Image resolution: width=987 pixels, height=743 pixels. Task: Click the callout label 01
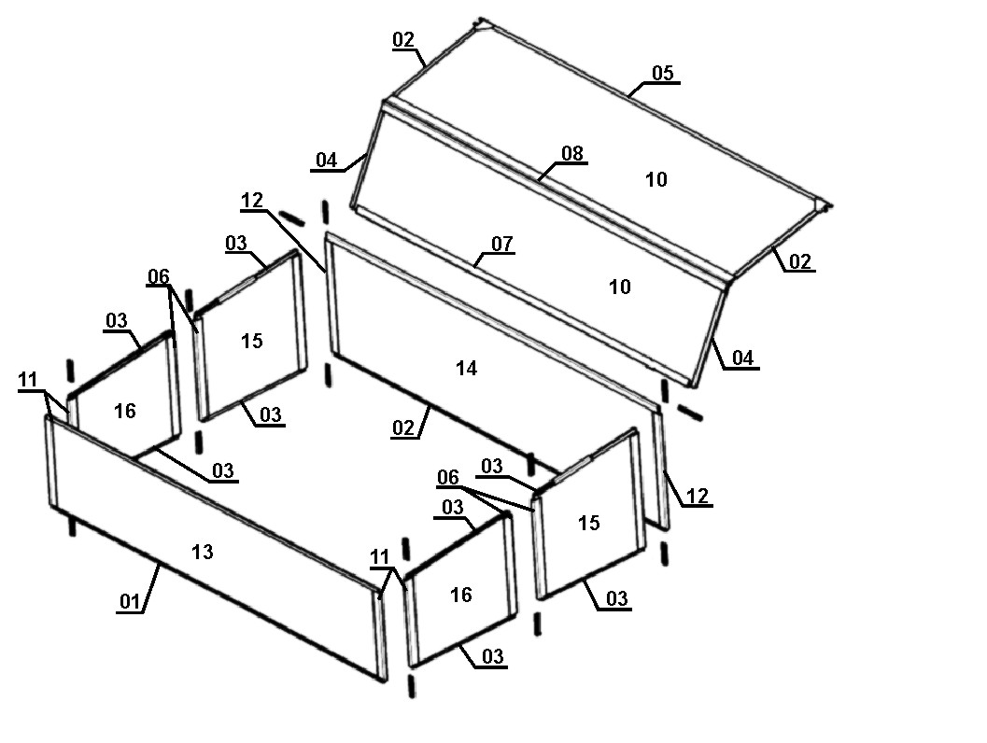coord(129,601)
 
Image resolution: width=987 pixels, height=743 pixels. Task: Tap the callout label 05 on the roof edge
coord(663,73)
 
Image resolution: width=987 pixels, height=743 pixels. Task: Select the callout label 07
coord(502,245)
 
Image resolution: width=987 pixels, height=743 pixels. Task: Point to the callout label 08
coord(572,153)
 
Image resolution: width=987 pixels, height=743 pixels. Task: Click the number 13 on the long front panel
coord(202,553)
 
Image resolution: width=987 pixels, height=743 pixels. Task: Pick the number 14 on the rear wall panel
coord(466,369)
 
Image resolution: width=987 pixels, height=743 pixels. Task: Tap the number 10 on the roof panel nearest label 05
coord(656,179)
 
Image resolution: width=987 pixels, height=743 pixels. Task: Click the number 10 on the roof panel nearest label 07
coord(620,287)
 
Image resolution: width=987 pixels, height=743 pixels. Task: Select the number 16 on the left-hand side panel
coord(125,411)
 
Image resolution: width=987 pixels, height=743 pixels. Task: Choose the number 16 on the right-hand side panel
coord(461,595)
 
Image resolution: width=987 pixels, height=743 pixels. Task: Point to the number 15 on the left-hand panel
coord(252,341)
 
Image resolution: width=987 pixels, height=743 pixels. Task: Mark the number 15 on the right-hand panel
coord(589,523)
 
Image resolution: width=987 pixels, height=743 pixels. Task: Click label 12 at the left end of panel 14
coord(252,200)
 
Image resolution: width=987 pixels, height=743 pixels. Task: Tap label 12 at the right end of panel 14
coord(698,496)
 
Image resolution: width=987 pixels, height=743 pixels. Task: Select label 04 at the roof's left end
coord(326,161)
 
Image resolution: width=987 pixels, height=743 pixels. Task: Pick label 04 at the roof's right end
coord(742,357)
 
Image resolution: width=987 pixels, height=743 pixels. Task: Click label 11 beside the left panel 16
coord(29,380)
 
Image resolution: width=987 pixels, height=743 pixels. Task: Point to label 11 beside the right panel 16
coord(379,557)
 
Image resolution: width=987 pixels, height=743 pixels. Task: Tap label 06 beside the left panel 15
coord(159,276)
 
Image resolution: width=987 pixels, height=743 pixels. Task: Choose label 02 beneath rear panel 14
coord(403,428)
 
